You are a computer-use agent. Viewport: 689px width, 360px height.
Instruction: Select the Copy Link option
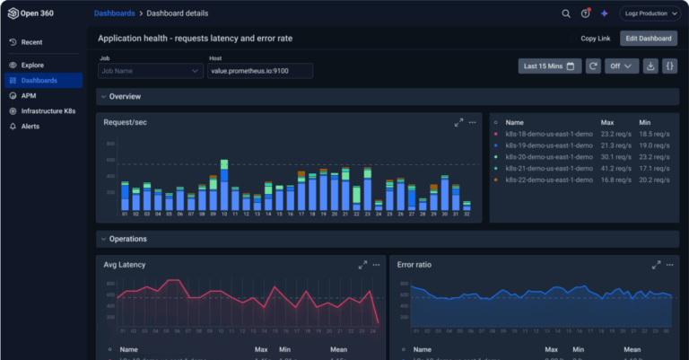[595, 38]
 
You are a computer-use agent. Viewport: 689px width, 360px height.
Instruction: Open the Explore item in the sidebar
[34, 65]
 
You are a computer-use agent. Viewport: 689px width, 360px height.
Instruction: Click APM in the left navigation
[30, 95]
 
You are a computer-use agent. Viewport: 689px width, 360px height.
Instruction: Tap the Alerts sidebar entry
[31, 126]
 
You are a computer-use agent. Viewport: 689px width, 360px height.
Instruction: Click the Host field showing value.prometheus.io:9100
[260, 71]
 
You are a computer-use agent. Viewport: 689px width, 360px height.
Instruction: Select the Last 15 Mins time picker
[548, 66]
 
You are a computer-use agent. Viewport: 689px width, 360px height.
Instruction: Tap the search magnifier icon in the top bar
[566, 13]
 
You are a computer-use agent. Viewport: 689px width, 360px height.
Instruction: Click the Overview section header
[125, 96]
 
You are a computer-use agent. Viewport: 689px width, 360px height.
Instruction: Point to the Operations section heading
[127, 239]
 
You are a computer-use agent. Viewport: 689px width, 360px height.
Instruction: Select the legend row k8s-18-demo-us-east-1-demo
[548, 133]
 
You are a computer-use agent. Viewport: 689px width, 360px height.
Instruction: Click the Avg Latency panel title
[125, 265]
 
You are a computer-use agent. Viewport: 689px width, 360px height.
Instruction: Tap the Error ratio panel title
[414, 265]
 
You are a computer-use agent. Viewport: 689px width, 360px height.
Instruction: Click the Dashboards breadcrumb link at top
[115, 13]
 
